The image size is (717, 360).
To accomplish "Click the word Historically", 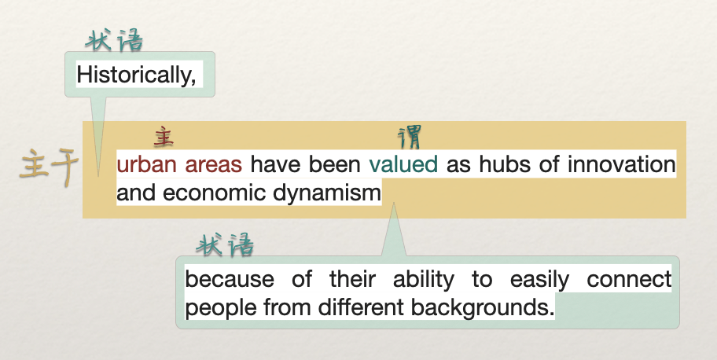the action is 136,75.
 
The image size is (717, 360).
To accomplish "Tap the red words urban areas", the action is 179,164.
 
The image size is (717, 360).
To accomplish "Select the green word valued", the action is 403,164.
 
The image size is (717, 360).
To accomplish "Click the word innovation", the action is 621,164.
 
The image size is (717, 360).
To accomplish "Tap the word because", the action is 230,279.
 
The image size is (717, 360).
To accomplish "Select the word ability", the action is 424,280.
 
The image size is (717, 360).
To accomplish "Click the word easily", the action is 539,280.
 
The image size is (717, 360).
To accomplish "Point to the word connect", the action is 629,280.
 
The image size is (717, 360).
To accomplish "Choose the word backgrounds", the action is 483,307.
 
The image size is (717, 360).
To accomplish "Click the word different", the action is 361,307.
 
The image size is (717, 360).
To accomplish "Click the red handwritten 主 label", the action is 164,137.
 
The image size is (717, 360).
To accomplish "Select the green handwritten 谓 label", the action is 410,138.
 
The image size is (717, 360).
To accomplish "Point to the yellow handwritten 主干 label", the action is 50,167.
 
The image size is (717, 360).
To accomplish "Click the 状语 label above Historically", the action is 114,40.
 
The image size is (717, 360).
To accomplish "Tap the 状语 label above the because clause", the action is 225,244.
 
